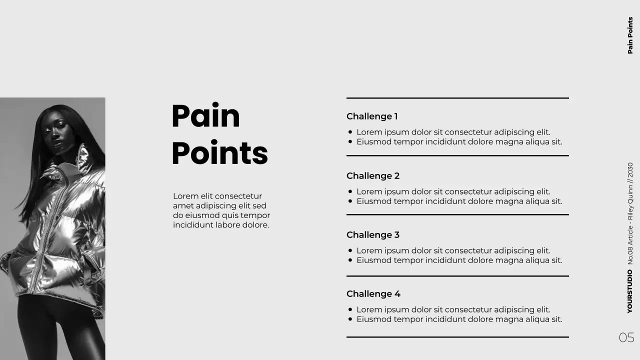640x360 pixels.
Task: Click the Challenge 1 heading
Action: [372, 116]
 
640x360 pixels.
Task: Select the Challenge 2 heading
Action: [373, 176]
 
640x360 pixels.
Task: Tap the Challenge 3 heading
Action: [373, 235]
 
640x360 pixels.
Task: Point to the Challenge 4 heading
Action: [373, 294]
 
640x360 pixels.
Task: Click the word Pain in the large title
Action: [205, 116]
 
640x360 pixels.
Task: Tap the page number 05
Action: [626, 337]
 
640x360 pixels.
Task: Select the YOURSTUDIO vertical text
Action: [630, 291]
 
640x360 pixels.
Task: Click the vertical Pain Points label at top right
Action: [630, 35]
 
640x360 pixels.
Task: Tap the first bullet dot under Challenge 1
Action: [350, 132]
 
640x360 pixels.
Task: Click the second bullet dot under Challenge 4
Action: [350, 319]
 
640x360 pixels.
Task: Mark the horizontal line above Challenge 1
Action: [457, 98]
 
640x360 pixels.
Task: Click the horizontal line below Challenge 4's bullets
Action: [457, 337]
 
